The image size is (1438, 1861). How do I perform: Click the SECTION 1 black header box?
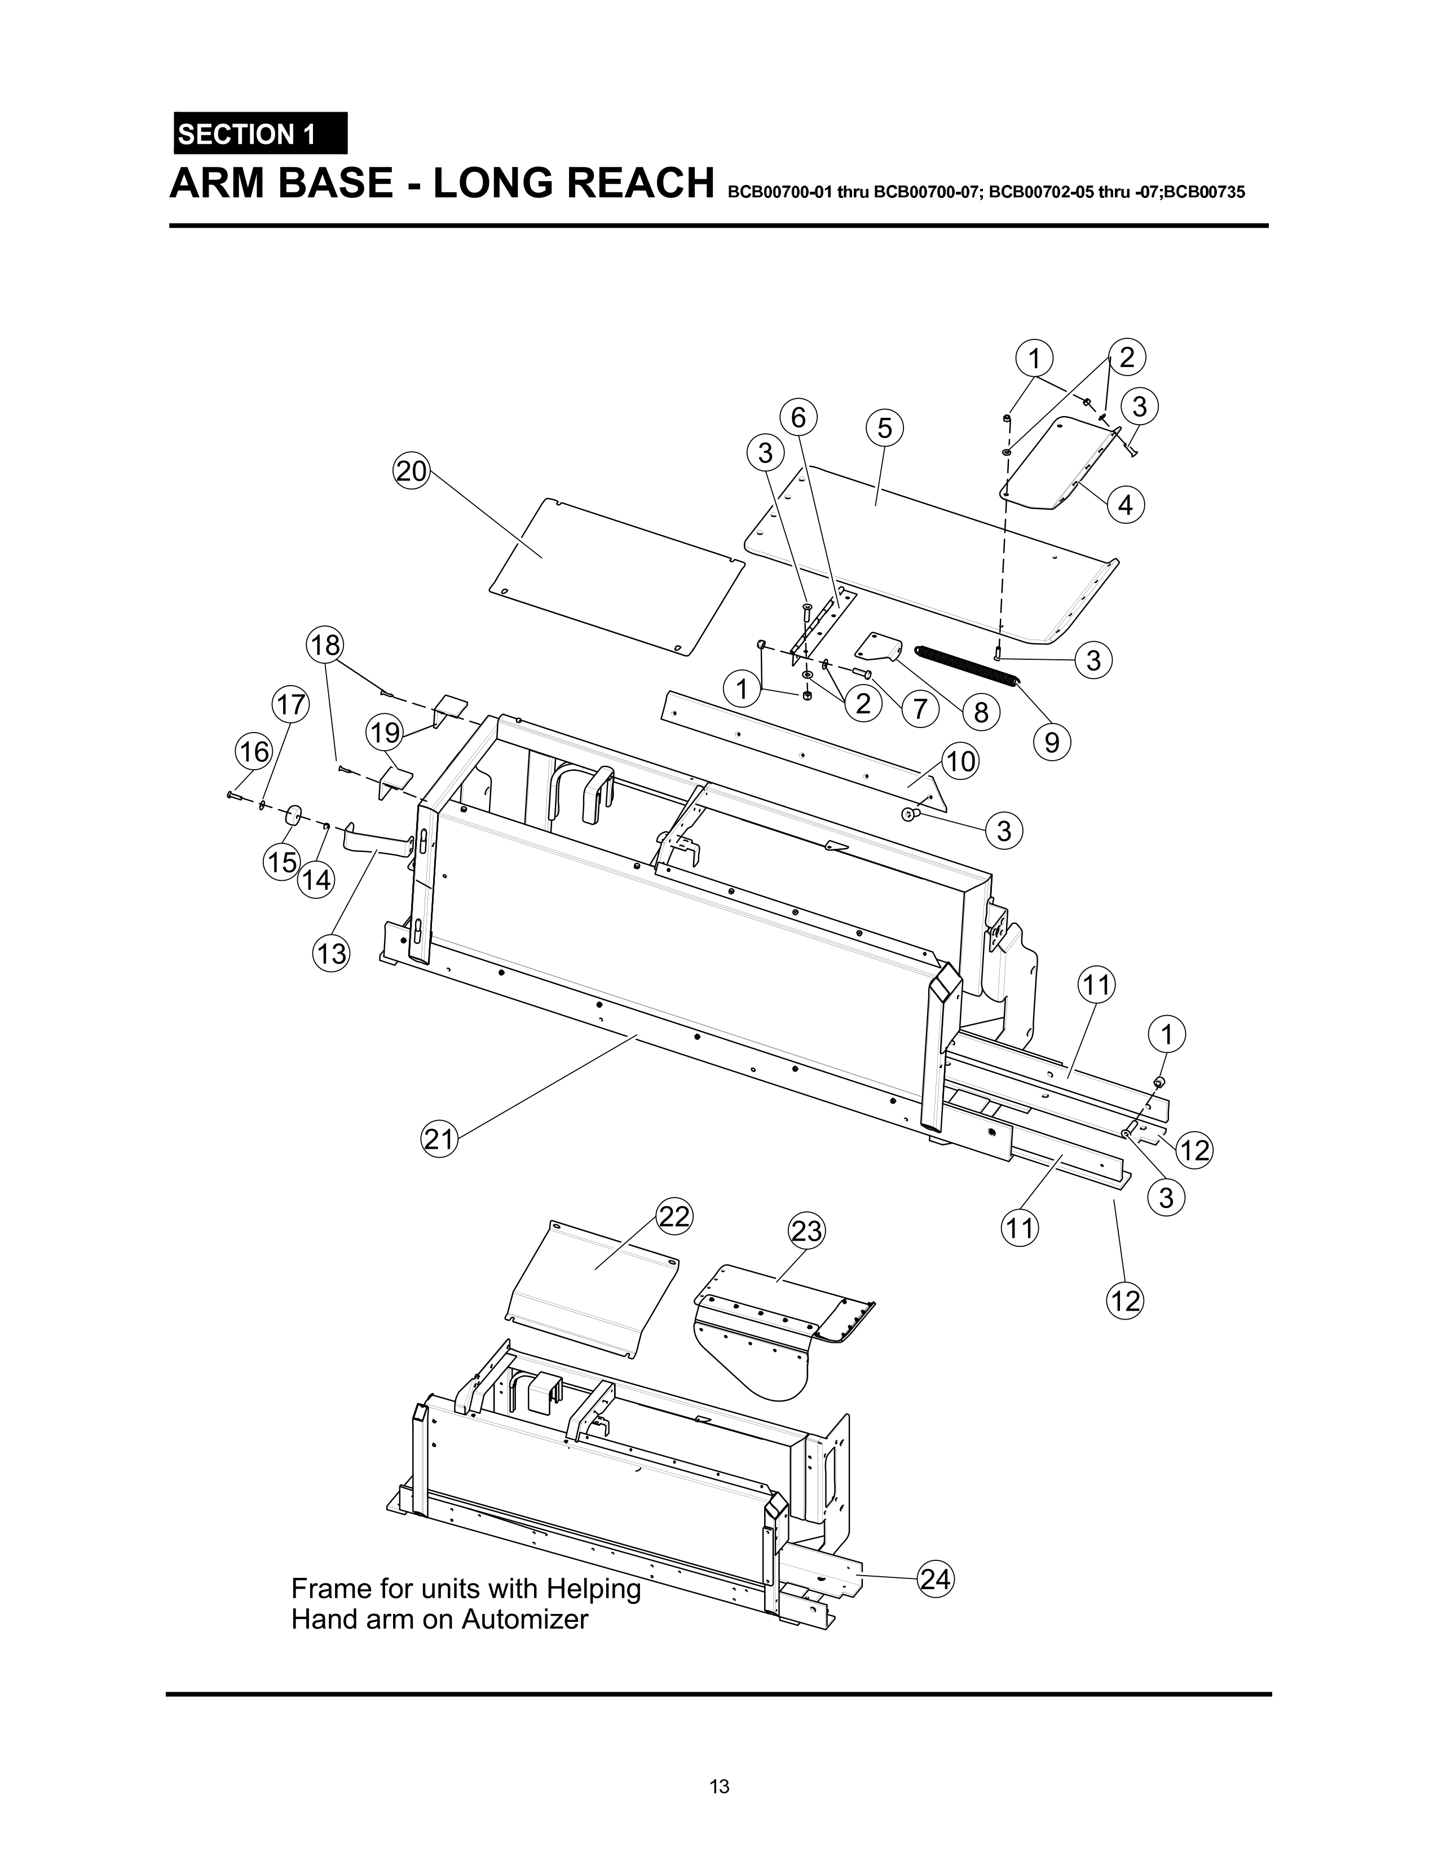point(260,134)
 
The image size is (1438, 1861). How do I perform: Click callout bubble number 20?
point(412,471)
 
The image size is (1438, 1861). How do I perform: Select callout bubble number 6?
point(797,417)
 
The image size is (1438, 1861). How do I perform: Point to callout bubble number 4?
point(1126,505)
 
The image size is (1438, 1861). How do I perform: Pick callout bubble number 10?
point(961,761)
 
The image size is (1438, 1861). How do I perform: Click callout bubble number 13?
point(332,952)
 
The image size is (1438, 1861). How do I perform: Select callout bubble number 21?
point(440,1139)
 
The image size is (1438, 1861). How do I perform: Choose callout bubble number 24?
point(934,1580)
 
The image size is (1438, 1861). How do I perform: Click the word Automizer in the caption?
point(525,1619)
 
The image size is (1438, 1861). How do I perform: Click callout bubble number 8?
point(981,712)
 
